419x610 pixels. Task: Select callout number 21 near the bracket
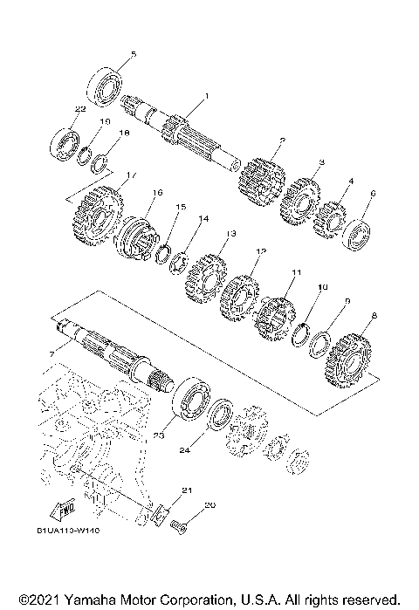point(185,491)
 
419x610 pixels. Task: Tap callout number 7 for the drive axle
point(52,353)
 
